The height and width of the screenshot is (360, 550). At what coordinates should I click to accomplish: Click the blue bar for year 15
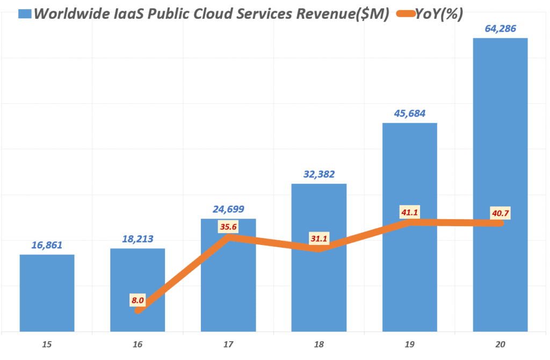pos(47,293)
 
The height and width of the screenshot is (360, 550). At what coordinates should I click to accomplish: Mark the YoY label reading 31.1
pos(319,238)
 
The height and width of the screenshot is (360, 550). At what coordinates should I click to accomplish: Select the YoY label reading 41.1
pos(409,212)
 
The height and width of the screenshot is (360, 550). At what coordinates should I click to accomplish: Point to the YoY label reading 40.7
pos(500,214)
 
